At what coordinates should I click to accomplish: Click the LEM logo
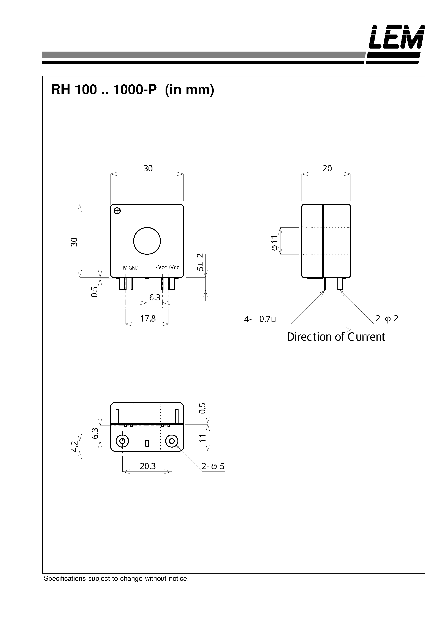[x=397, y=37]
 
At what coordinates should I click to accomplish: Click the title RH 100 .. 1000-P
[x=104, y=90]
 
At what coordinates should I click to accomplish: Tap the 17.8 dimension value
[x=148, y=319]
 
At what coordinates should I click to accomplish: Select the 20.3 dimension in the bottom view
[x=147, y=466]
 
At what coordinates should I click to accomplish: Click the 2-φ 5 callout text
[x=213, y=466]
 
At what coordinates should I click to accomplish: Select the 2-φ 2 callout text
[x=387, y=319]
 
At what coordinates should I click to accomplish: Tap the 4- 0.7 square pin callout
[x=260, y=319]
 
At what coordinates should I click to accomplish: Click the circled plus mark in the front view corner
[x=117, y=211]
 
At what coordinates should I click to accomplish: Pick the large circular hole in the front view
[x=147, y=241]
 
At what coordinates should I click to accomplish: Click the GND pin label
[x=134, y=268]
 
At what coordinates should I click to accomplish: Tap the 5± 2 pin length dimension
[x=201, y=262]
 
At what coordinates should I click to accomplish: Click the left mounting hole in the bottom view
[x=122, y=441]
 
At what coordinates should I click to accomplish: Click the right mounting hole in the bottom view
[x=172, y=441]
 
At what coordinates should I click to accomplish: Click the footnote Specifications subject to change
[x=116, y=579]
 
